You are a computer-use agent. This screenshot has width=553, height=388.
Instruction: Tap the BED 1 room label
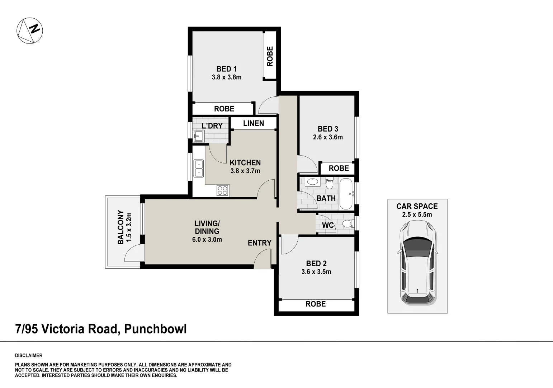226,69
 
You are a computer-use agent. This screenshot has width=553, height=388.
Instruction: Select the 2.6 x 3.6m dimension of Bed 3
328,137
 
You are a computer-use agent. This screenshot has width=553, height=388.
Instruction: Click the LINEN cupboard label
254,123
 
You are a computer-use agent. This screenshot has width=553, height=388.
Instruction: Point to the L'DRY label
212,126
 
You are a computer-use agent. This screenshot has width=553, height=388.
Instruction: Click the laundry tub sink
198,136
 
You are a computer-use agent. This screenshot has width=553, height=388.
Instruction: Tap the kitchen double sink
198,168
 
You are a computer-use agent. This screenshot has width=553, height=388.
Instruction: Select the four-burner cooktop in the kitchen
222,190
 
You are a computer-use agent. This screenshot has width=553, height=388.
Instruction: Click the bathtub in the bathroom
346,194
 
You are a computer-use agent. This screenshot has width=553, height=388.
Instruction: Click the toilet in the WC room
347,225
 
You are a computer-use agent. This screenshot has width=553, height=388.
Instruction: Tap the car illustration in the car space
417,263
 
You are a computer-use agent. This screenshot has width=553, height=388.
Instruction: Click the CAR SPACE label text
417,206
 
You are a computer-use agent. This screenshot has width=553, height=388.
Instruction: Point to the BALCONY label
120,227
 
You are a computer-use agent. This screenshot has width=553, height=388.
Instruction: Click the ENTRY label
260,243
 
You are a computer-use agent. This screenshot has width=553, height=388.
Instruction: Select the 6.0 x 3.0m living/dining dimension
207,240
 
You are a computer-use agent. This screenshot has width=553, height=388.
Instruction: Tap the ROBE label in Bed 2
316,304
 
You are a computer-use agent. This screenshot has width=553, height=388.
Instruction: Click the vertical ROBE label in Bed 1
270,56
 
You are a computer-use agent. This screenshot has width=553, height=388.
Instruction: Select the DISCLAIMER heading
29,356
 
